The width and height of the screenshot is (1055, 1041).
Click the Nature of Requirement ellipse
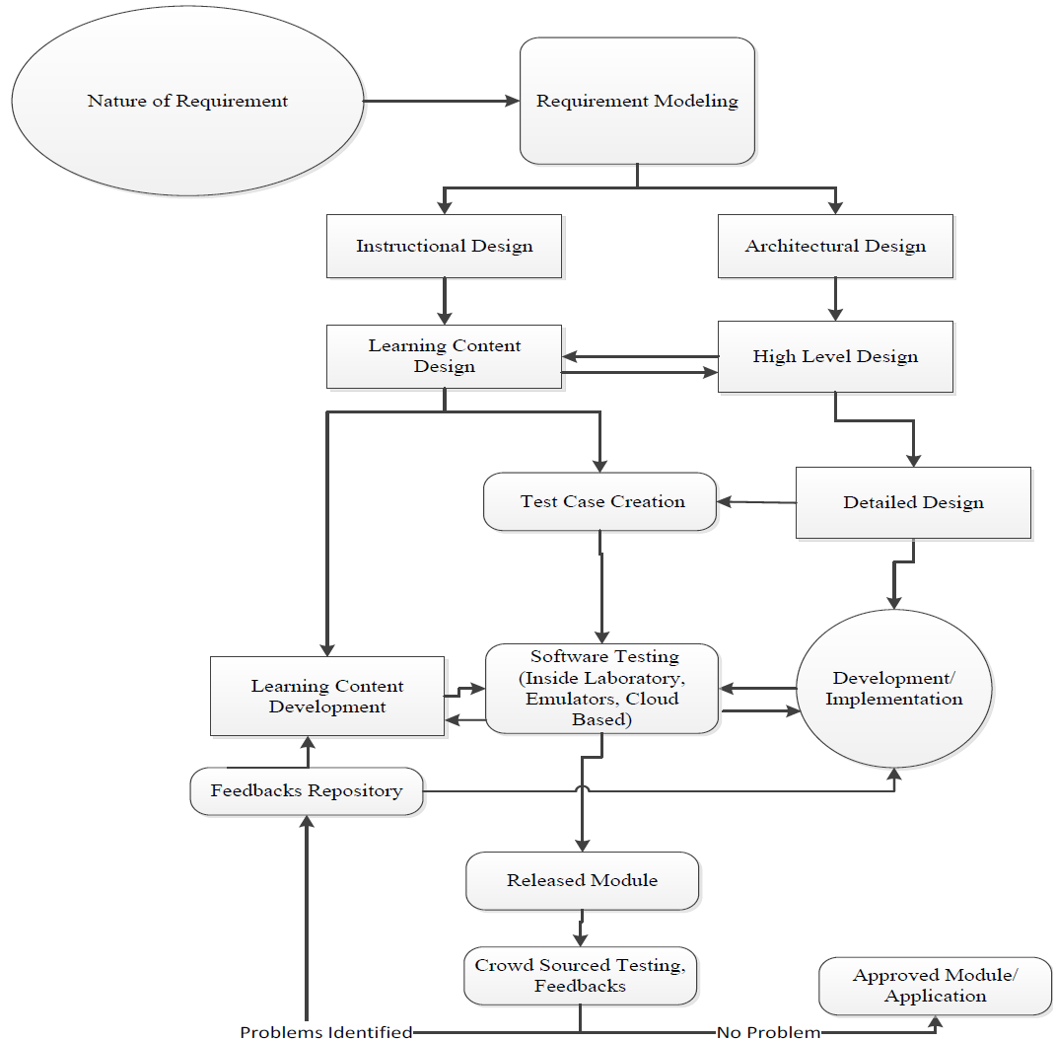tap(187, 101)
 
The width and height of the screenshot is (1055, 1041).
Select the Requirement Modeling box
tap(637, 101)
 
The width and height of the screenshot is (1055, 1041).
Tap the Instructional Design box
tap(444, 246)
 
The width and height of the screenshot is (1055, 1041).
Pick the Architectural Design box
tap(835, 246)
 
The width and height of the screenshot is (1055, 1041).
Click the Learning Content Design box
tap(444, 356)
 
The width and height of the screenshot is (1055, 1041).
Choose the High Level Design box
tap(835, 356)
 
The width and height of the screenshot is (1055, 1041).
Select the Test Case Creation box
tap(601, 501)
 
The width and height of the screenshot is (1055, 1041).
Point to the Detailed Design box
tap(913, 502)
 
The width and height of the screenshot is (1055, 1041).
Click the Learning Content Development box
tap(327, 696)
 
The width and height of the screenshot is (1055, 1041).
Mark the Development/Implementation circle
tap(893, 688)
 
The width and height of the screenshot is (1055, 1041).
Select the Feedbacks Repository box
tap(307, 790)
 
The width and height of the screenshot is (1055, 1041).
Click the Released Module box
tap(582, 880)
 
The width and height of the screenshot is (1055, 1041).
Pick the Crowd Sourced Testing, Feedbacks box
tap(580, 975)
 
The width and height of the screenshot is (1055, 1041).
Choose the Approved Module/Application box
tap(935, 985)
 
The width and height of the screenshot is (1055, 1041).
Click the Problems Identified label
tap(326, 1032)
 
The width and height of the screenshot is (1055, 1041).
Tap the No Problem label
tap(768, 1032)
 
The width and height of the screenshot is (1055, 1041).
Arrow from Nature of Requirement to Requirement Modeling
tap(442, 101)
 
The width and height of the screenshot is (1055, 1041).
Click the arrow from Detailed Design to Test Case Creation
tap(756, 502)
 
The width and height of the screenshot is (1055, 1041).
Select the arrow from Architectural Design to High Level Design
tap(835, 298)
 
